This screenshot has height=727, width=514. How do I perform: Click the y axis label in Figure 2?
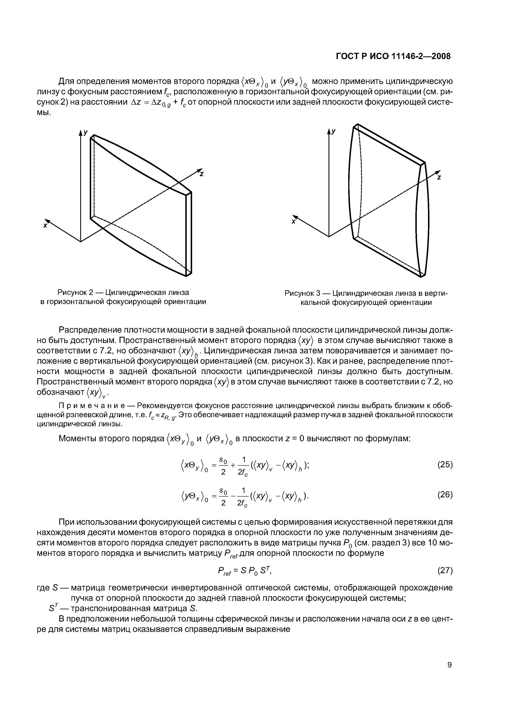[x=86, y=133]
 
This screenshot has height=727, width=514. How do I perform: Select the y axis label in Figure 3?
[x=334, y=131]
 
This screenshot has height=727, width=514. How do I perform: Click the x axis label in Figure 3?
[x=293, y=222]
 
